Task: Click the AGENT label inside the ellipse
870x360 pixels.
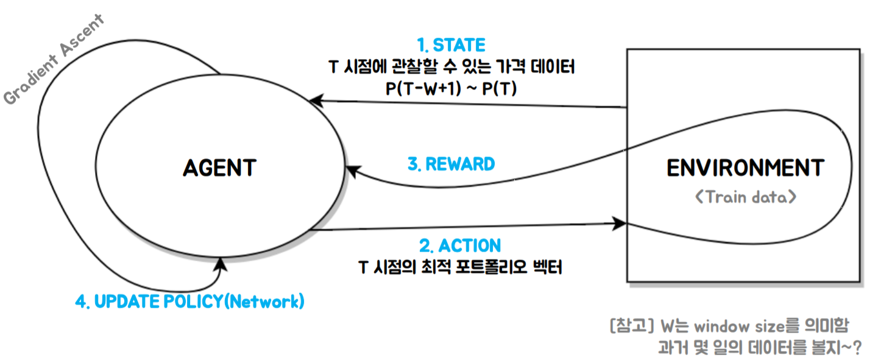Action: coord(219,168)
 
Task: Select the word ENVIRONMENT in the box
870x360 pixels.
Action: coord(745,168)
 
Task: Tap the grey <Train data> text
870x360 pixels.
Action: coord(745,197)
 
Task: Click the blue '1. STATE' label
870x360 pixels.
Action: coord(451,45)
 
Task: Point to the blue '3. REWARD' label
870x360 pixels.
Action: coord(451,164)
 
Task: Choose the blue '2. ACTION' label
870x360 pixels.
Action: coord(460,245)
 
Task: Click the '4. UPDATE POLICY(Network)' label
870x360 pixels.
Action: coord(189,302)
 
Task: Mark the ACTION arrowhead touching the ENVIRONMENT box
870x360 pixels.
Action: coord(620,224)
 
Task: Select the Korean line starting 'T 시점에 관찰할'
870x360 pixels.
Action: coord(451,67)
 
